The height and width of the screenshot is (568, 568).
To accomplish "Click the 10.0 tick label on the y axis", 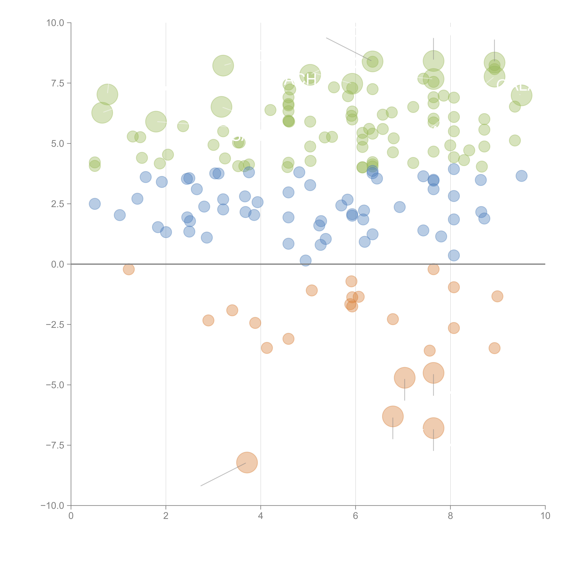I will click(x=55, y=23).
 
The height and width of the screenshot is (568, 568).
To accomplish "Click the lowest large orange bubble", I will click(x=247, y=462).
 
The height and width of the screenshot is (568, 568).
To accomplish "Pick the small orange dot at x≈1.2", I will click(x=129, y=269).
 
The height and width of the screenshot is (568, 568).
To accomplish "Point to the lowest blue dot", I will click(x=306, y=260).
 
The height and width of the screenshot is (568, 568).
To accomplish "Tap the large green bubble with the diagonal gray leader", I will click(x=372, y=61).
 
